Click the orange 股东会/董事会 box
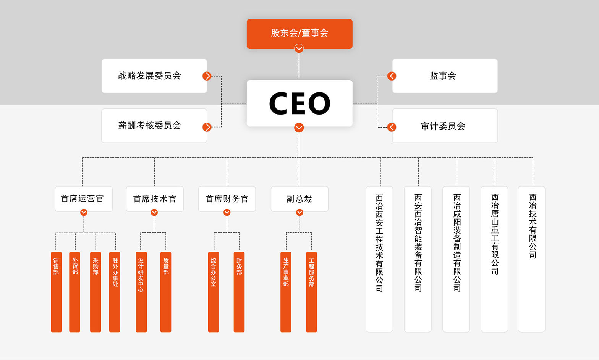click(x=299, y=33)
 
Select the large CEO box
click(x=299, y=103)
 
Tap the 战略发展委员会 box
click(x=154, y=76)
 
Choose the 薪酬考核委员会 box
click(x=154, y=126)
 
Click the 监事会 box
click(x=445, y=76)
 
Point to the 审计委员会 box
click(x=445, y=126)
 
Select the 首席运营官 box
click(x=83, y=199)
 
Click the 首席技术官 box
click(x=155, y=199)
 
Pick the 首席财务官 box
click(x=227, y=199)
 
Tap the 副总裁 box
click(x=299, y=199)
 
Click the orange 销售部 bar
click(x=56, y=292)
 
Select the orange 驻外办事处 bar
click(x=115, y=292)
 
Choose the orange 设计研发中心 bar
click(x=141, y=292)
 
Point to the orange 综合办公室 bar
click(x=213, y=292)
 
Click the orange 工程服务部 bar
click(x=311, y=292)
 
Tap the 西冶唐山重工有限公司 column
click(x=494, y=259)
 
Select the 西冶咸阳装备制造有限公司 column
click(x=456, y=259)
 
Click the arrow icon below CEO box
click(x=299, y=128)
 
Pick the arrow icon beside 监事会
click(x=392, y=76)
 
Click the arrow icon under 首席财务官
click(x=227, y=212)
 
